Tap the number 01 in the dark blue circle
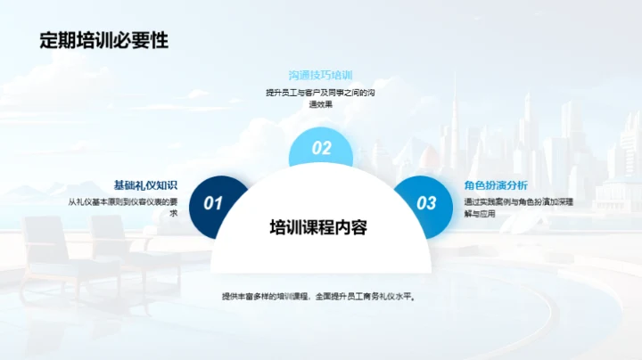click(x=212, y=203)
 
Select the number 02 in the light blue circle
click(x=321, y=149)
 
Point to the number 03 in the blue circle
click(x=427, y=203)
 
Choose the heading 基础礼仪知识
click(x=145, y=185)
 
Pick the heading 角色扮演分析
click(x=497, y=185)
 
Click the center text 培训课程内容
click(x=319, y=227)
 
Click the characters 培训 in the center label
click(x=283, y=227)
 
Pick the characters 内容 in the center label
click(x=355, y=227)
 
